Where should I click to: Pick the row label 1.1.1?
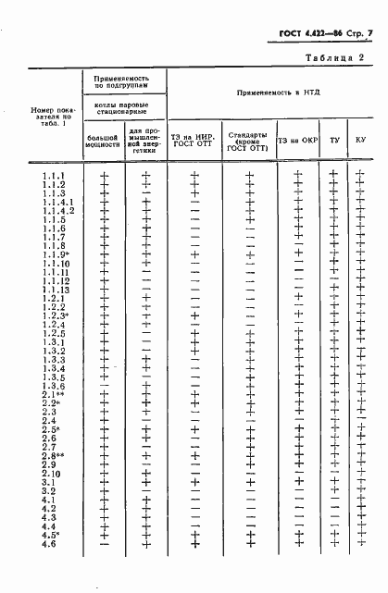pos(54,175)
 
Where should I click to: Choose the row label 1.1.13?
pos(56,290)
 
